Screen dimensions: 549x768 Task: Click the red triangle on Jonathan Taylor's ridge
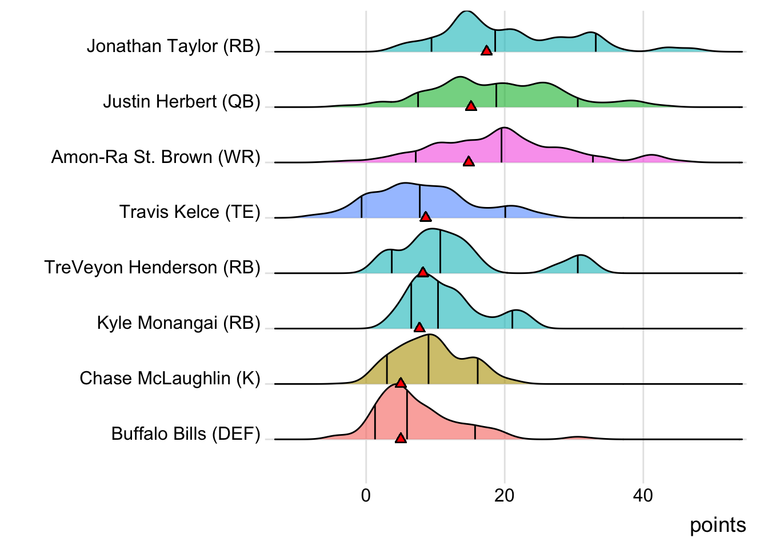(x=486, y=51)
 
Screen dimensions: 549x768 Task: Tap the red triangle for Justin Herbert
(x=471, y=106)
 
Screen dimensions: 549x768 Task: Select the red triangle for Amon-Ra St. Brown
(x=469, y=162)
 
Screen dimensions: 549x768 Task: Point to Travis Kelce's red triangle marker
(x=425, y=217)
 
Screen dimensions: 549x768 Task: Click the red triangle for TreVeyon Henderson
(x=423, y=272)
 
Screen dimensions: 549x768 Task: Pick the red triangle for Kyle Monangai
(x=419, y=327)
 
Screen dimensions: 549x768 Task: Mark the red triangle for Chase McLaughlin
(x=401, y=383)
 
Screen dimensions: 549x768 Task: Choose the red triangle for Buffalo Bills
(x=401, y=438)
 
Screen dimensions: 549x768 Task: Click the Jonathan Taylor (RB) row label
(x=173, y=46)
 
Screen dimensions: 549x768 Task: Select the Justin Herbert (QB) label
(x=181, y=101)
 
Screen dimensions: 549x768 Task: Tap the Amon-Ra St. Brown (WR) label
(x=155, y=157)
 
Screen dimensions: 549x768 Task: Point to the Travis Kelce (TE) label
(x=190, y=212)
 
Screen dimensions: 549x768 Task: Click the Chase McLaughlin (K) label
(x=170, y=378)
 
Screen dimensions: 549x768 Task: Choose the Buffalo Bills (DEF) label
(x=186, y=433)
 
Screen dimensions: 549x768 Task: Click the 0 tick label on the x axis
(x=366, y=495)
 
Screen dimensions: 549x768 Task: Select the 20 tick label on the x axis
(x=505, y=495)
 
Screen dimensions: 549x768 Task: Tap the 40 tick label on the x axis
(x=643, y=495)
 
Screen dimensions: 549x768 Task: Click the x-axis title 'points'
(x=718, y=525)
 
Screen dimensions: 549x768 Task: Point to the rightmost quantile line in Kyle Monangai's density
(x=512, y=320)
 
